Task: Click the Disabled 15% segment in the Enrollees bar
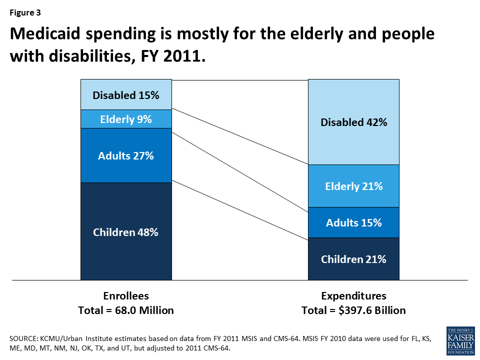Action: pyautogui.click(x=126, y=94)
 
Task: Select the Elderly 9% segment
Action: pyautogui.click(x=126, y=119)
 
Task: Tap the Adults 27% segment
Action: pyautogui.click(x=126, y=155)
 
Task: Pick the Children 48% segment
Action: pyautogui.click(x=126, y=231)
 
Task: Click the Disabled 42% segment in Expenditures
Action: pyautogui.click(x=353, y=122)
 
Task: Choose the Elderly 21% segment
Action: pyautogui.click(x=353, y=186)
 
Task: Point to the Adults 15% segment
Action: pyautogui.click(x=353, y=222)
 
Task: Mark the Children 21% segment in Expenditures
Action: pyautogui.click(x=353, y=259)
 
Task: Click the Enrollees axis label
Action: pyautogui.click(x=126, y=295)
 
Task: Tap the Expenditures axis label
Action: pyautogui.click(x=353, y=295)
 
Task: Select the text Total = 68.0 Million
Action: pyautogui.click(x=126, y=310)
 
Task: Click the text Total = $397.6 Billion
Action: pyautogui.click(x=353, y=310)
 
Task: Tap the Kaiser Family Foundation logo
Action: pyautogui.click(x=459, y=341)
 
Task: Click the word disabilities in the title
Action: pyautogui.click(x=84, y=56)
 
